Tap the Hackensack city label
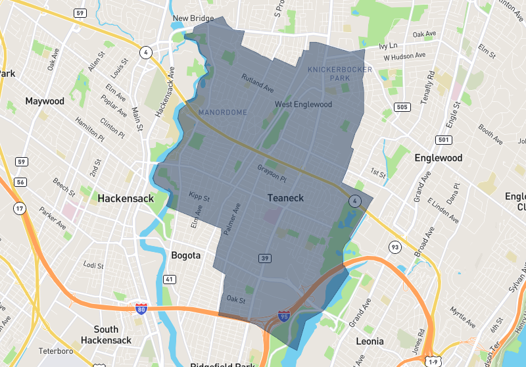pyautogui.click(x=126, y=198)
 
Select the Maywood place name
pyautogui.click(x=45, y=101)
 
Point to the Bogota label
pyautogui.click(x=185, y=255)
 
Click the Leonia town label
pyautogui.click(x=369, y=341)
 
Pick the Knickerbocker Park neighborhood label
pyautogui.click(x=339, y=73)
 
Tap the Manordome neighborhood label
pyautogui.click(x=223, y=112)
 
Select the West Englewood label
pyautogui.click(x=303, y=104)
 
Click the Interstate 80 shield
pyautogui.click(x=141, y=308)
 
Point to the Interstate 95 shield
pyautogui.click(x=284, y=317)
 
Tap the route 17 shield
pyautogui.click(x=19, y=209)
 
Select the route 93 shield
pyautogui.click(x=394, y=247)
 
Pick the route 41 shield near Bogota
pyautogui.click(x=170, y=280)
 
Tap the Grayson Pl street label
pyautogui.click(x=272, y=174)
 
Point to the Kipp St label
pyautogui.click(x=199, y=196)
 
